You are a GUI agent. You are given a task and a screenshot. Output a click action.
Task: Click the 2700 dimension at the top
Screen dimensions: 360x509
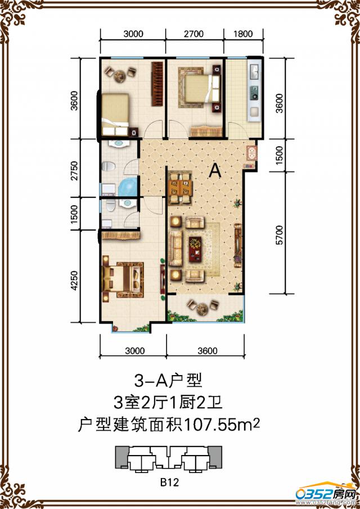pyautogui.click(x=195, y=34)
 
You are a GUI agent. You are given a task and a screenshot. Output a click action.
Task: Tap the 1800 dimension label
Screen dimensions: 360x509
pyautogui.click(x=243, y=34)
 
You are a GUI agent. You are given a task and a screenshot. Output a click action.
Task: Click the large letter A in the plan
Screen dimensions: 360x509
pyautogui.click(x=214, y=170)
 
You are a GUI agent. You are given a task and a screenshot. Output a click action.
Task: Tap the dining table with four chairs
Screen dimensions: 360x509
pyautogui.click(x=180, y=188)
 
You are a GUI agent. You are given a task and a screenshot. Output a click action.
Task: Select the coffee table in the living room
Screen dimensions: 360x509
pyautogui.click(x=195, y=249)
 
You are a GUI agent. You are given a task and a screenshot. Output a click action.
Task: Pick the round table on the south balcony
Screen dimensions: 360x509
pyautogui.click(x=204, y=308)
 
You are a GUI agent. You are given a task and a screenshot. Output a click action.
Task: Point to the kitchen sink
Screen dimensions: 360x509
pyautogui.click(x=254, y=71)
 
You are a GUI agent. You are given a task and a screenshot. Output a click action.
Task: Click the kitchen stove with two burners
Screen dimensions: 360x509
pyautogui.click(x=254, y=93)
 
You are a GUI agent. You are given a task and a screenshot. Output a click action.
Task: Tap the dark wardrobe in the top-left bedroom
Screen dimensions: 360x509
pyautogui.click(x=157, y=84)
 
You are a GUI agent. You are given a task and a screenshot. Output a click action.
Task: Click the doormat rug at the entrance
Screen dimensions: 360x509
pyautogui.click(x=251, y=153)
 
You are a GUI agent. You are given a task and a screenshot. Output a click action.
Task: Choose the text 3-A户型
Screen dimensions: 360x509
pyautogui.click(x=168, y=380)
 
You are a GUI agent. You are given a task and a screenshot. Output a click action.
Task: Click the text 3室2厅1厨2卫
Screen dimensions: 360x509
pyautogui.click(x=168, y=402)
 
